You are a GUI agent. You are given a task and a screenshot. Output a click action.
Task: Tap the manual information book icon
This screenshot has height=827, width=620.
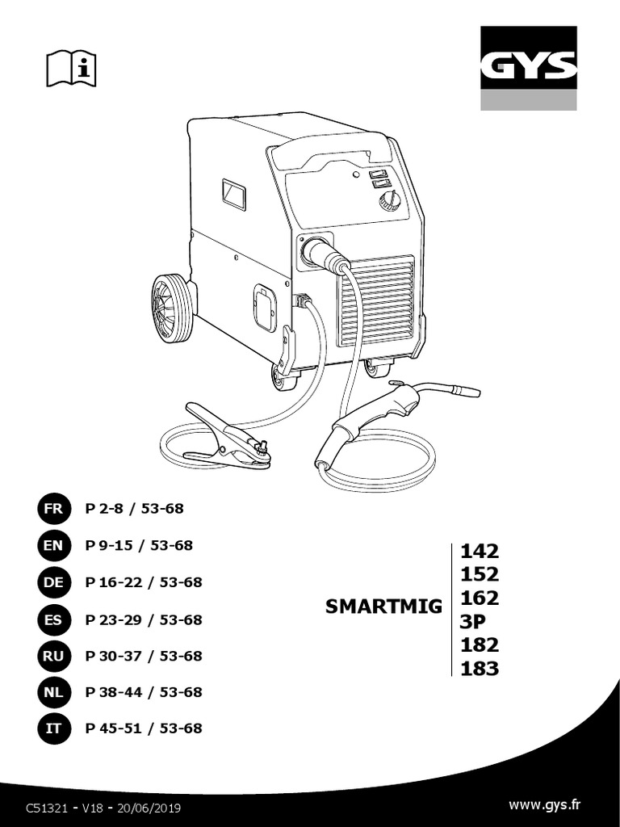click(x=72, y=68)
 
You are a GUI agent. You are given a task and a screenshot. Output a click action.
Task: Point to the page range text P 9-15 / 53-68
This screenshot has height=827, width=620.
click(x=139, y=545)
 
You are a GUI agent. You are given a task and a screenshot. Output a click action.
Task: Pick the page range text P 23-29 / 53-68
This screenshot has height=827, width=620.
click(x=144, y=619)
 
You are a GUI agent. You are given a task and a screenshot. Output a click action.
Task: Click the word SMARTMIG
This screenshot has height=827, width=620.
click(x=383, y=607)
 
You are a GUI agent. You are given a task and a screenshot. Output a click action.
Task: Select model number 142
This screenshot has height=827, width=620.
click(x=480, y=552)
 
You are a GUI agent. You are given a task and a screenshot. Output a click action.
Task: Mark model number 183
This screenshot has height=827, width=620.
click(x=480, y=669)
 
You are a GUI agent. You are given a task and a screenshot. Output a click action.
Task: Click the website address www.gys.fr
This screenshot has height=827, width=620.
click(x=545, y=804)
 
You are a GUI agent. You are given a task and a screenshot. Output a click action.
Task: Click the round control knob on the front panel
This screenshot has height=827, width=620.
click(x=389, y=201)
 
